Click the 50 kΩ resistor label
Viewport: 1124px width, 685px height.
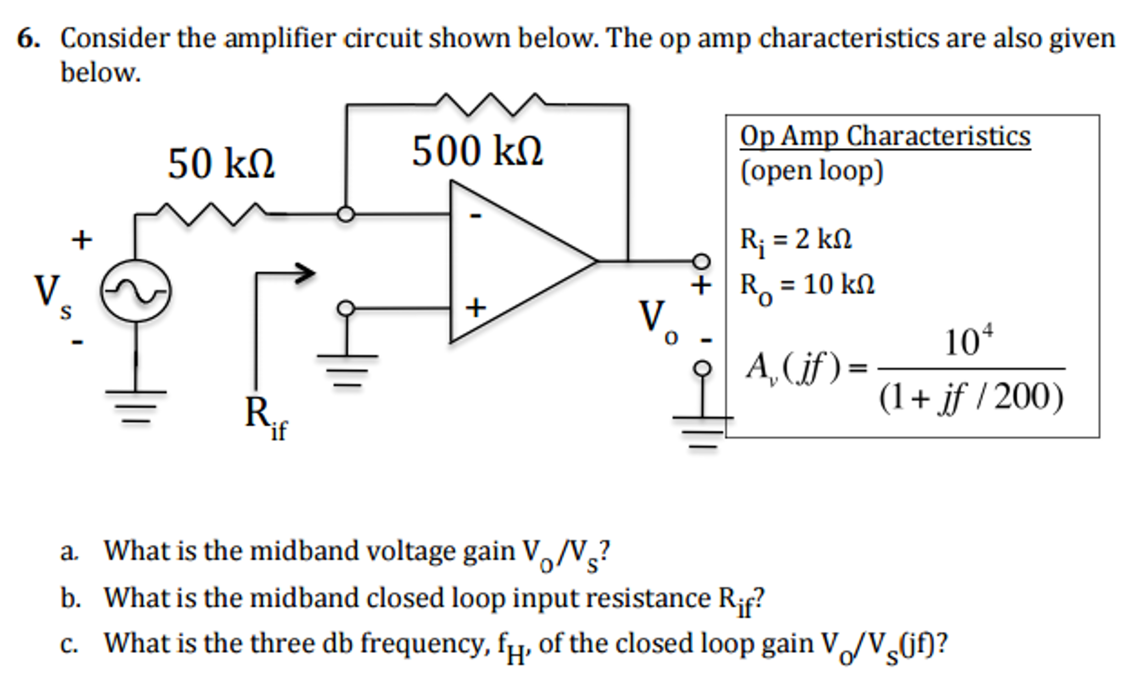click(221, 164)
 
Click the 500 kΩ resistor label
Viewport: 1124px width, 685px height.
click(477, 151)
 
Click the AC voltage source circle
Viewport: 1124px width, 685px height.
click(136, 291)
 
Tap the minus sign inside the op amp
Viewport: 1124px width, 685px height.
click(476, 216)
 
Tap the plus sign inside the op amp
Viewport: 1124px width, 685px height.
click(476, 308)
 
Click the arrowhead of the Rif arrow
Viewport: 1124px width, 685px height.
click(305, 272)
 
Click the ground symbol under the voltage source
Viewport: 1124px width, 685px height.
click(136, 406)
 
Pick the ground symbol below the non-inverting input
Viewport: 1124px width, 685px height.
click(347, 370)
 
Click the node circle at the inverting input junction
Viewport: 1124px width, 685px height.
click(346, 214)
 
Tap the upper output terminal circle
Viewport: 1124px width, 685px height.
click(701, 261)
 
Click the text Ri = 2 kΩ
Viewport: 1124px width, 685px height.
click(795, 240)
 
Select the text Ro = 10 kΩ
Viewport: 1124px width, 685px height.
click(806, 286)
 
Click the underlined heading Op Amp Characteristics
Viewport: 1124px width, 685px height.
click(884, 136)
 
